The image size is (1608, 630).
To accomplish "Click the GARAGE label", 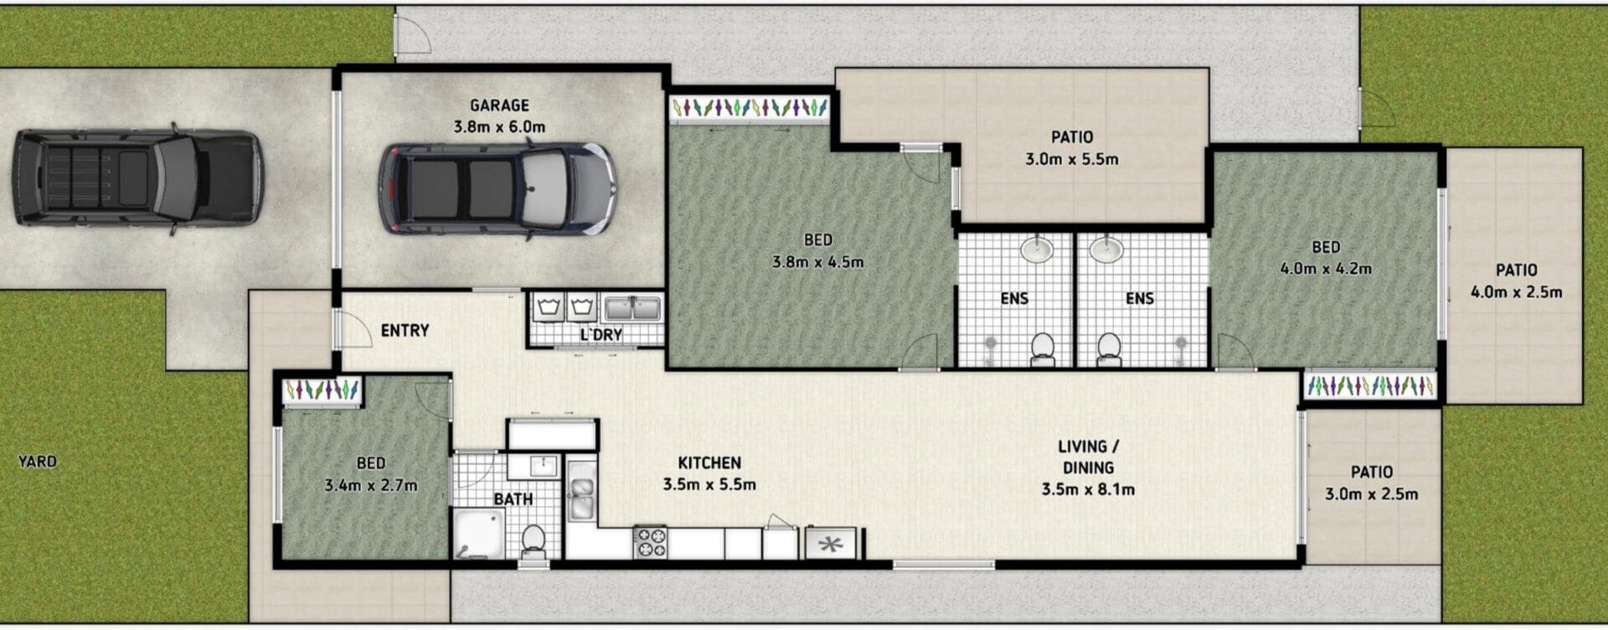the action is (499, 106).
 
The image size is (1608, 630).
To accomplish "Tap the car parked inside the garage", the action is (497, 189).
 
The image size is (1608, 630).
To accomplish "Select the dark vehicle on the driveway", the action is (137, 178).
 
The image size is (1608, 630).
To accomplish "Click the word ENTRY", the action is (405, 331).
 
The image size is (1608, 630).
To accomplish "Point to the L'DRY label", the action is (601, 335).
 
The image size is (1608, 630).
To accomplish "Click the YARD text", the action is (38, 462).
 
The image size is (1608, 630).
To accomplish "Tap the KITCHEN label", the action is (709, 463).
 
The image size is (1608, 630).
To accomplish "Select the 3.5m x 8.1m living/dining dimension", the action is (1088, 490).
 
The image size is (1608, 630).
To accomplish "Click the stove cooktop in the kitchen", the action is (650, 541).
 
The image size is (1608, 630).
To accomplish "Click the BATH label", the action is (513, 499).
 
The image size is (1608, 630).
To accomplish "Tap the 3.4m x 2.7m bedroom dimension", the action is (371, 485).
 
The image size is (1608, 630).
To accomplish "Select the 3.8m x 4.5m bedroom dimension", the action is (817, 262).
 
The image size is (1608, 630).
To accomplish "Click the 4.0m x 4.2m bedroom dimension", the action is (1326, 269).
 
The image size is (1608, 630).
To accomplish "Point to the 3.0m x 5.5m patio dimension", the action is (1072, 159).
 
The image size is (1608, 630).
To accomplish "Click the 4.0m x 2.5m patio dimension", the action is (1517, 292).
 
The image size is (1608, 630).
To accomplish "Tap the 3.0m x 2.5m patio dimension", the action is (1372, 494).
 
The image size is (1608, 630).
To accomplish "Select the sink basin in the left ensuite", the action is (1038, 249).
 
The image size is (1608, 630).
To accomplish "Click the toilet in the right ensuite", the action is (1109, 349).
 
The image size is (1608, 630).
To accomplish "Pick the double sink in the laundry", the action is (634, 307).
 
